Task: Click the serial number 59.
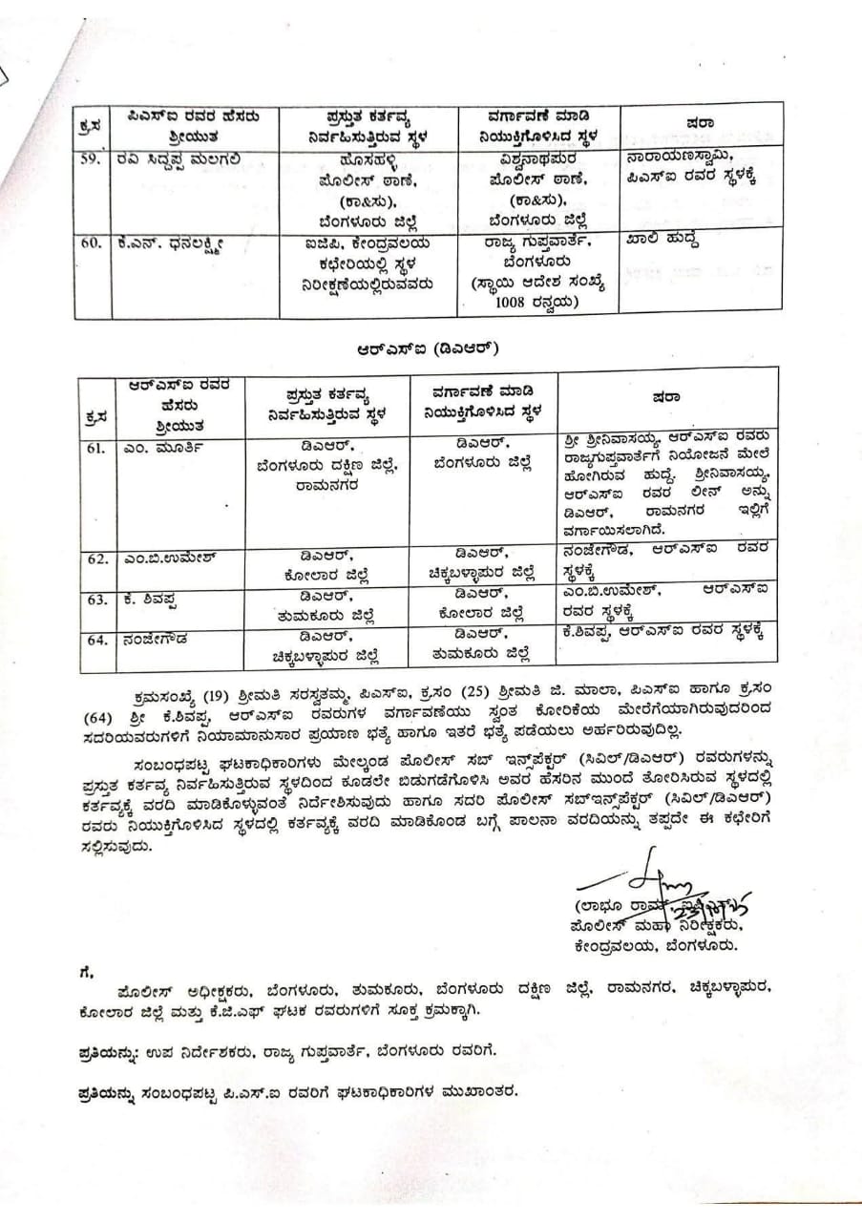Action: click(90, 160)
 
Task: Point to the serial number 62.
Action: click(96, 558)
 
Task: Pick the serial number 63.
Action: click(96, 600)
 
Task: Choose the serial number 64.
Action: click(96, 640)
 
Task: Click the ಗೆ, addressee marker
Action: click(87, 972)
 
